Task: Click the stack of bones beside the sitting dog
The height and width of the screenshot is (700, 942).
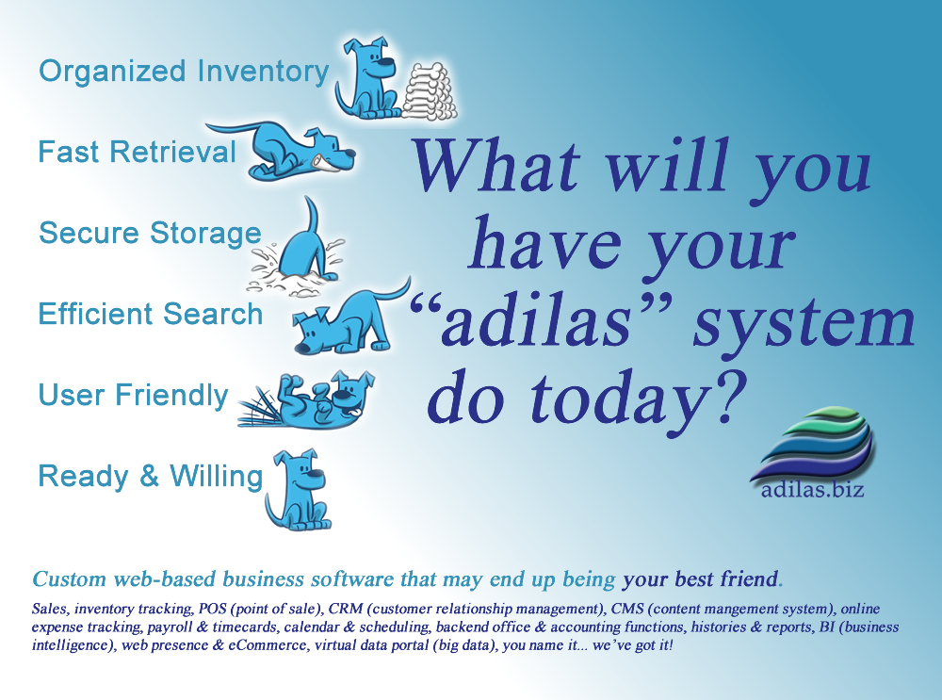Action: [x=429, y=91]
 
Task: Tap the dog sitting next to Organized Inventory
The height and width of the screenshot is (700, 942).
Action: [x=367, y=78]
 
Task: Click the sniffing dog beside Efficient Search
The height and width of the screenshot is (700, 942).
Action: [x=349, y=318]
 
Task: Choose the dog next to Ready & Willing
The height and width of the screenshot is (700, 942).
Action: [x=298, y=490]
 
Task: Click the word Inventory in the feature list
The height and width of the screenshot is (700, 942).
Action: [x=263, y=73]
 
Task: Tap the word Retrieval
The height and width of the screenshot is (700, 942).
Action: [x=172, y=152]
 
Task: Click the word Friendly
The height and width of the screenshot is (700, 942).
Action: [x=171, y=397]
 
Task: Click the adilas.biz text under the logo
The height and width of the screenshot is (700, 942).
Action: [x=813, y=490]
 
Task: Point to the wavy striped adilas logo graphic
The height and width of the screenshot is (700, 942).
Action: [x=814, y=442]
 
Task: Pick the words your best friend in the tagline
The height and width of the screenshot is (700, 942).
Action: [x=701, y=578]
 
